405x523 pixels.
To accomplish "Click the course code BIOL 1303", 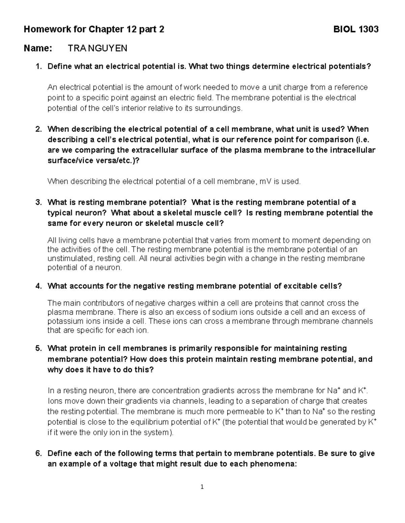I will click(x=356, y=30).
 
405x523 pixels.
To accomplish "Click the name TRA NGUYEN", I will click(x=98, y=48).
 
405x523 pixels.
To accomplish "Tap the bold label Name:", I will click(x=38, y=48).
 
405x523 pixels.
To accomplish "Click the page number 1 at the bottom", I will click(x=202, y=487).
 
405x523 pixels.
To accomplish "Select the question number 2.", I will click(x=38, y=129).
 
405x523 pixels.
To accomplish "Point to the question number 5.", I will click(x=38, y=348).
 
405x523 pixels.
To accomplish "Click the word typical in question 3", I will click(x=60, y=213).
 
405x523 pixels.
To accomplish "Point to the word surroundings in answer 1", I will click(x=219, y=108).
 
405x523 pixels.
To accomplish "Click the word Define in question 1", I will click(x=59, y=66).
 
